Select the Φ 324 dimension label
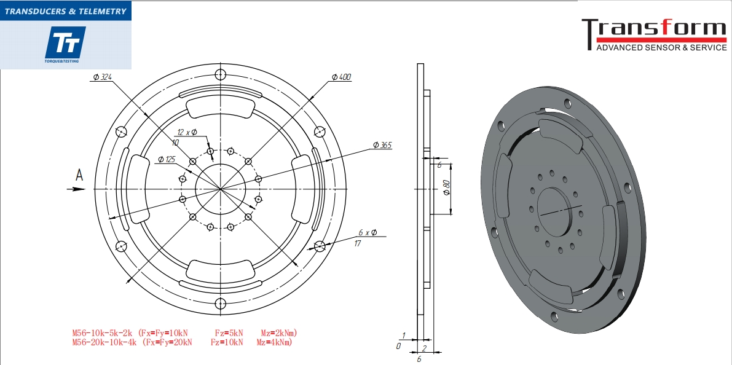(x=104, y=77)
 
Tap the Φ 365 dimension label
(x=382, y=145)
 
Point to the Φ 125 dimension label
(x=166, y=160)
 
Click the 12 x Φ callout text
(x=187, y=132)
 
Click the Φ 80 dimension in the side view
(x=447, y=187)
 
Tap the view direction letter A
(x=79, y=175)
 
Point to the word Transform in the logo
(x=655, y=28)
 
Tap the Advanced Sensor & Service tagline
(x=661, y=47)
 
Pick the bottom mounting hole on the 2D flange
(x=221, y=302)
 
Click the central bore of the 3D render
(x=557, y=210)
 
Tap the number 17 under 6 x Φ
(x=357, y=243)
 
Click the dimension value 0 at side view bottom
(x=399, y=347)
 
